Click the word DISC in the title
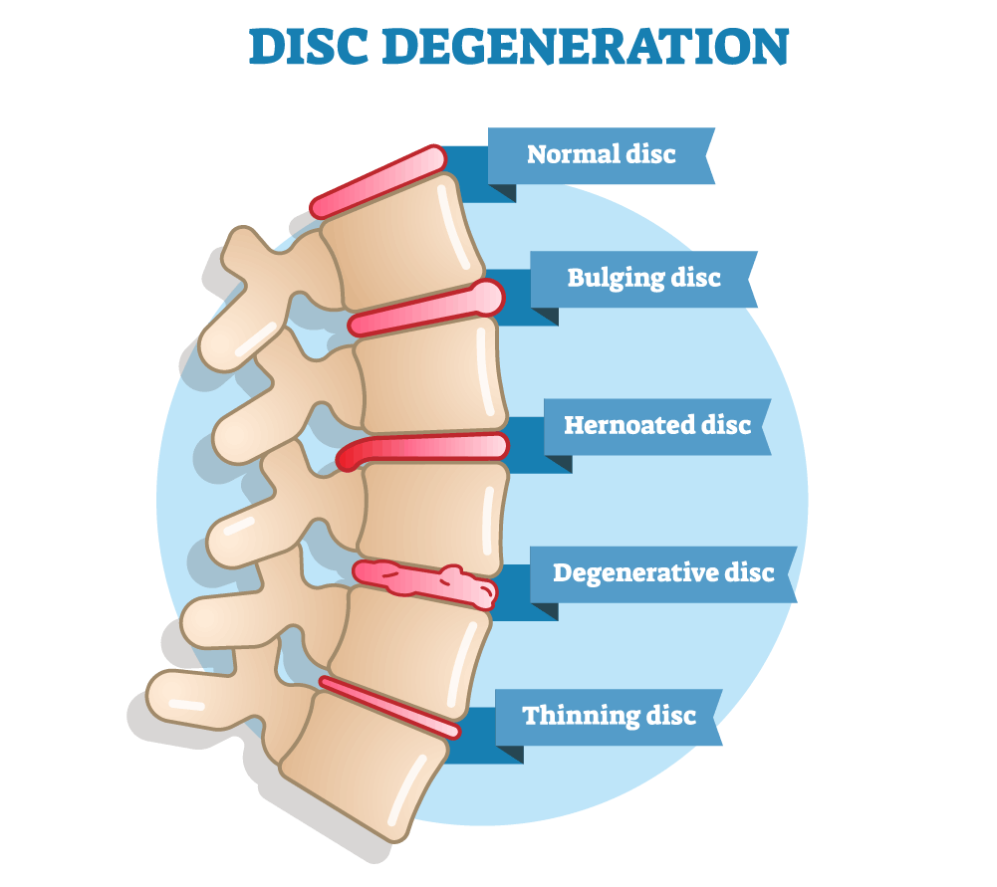pyautogui.click(x=309, y=47)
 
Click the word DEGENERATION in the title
pyautogui.click(x=585, y=47)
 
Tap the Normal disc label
pyautogui.click(x=601, y=154)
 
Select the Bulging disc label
pyautogui.click(x=643, y=279)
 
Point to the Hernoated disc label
pyautogui.click(x=657, y=425)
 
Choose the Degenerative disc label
pyautogui.click(x=663, y=573)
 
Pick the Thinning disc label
pyautogui.click(x=610, y=716)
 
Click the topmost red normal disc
pyautogui.click(x=378, y=182)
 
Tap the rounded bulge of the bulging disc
pyautogui.click(x=488, y=297)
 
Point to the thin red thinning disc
pyautogui.click(x=389, y=707)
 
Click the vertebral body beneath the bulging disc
pyautogui.click(x=430, y=375)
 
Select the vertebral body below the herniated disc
pyautogui.click(x=433, y=518)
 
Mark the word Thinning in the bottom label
pyautogui.click(x=581, y=716)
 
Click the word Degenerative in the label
pyautogui.click(x=635, y=573)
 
